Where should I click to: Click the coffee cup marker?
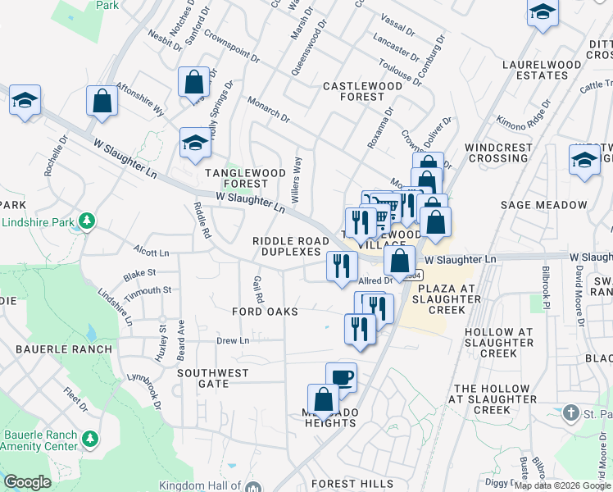click(341, 377)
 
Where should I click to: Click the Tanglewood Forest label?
click(244, 178)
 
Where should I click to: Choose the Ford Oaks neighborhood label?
click(259, 312)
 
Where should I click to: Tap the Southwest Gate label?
click(213, 378)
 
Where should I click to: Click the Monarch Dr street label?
click(269, 109)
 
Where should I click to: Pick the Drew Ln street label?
click(232, 340)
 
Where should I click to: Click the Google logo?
click(27, 482)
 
